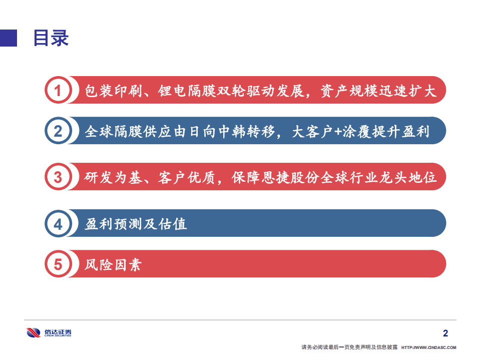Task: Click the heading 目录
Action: click(51, 38)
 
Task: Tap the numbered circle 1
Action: click(59, 91)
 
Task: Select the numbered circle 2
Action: click(59, 131)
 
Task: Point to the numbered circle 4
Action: click(59, 223)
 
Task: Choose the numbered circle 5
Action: click(59, 264)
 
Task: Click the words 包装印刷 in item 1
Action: click(110, 91)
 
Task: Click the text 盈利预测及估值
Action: click(136, 223)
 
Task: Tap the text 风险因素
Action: click(113, 264)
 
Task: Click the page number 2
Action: click(446, 333)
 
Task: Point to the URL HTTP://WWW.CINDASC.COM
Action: click(429, 347)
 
